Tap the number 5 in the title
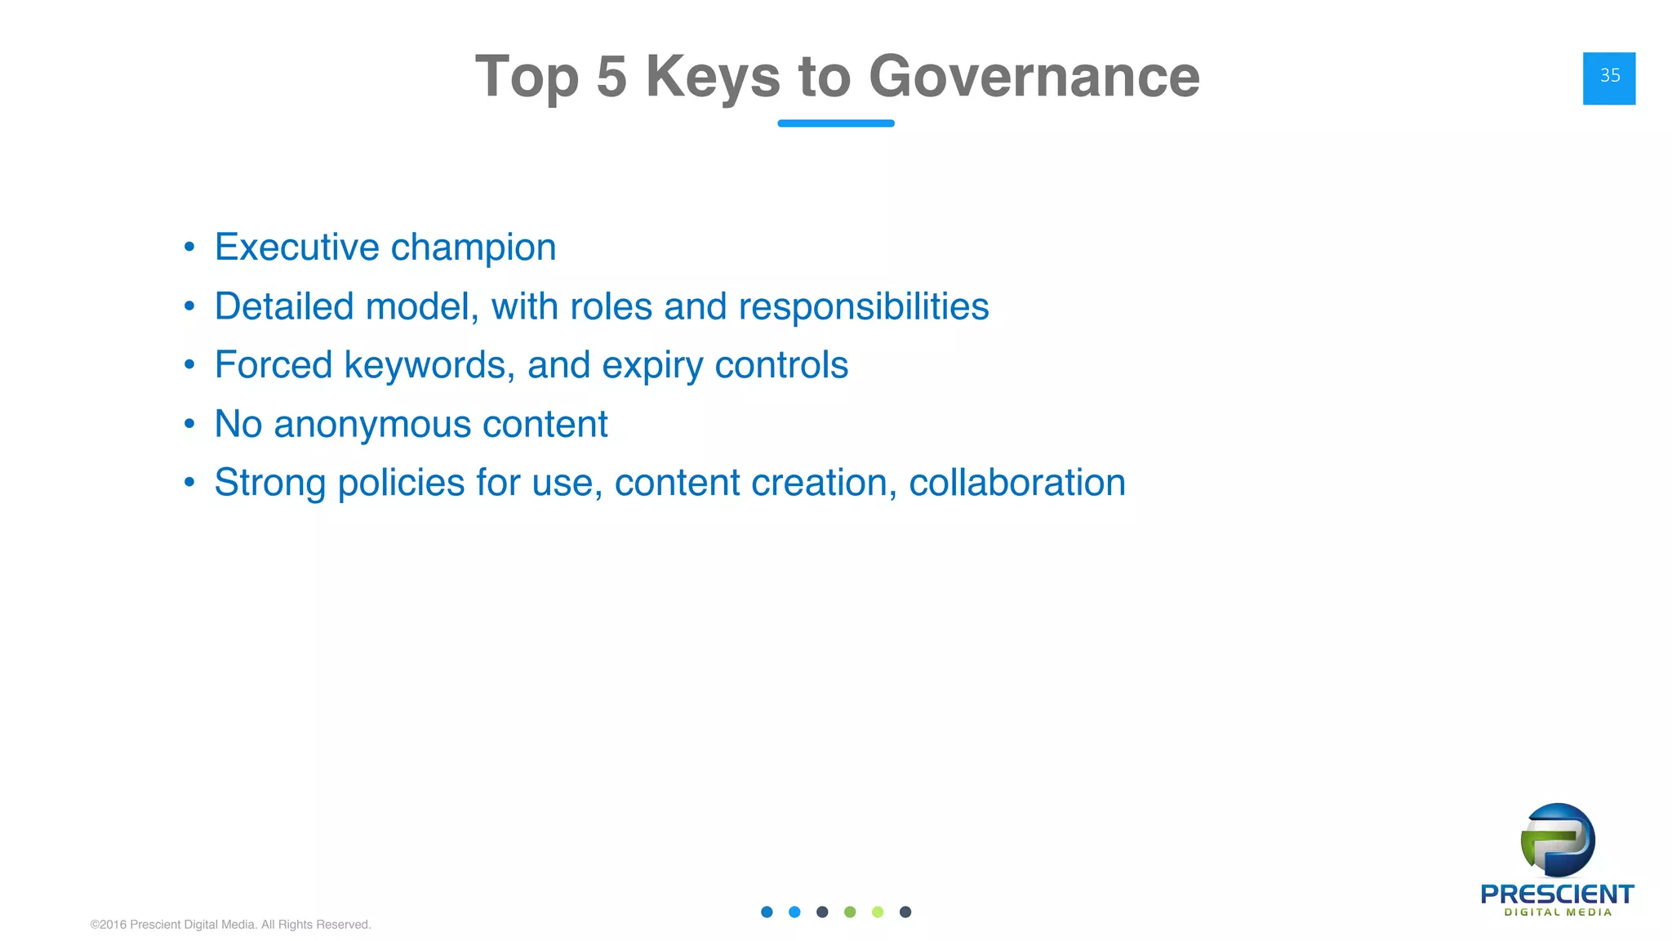point(611,77)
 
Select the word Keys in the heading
point(713,77)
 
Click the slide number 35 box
point(1608,78)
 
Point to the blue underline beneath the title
point(835,123)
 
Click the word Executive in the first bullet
point(296,247)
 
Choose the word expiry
point(651,366)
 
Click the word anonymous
point(372,425)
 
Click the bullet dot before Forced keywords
point(189,365)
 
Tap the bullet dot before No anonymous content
point(189,424)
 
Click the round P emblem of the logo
point(1557,841)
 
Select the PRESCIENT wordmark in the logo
point(1557,894)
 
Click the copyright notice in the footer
point(230,925)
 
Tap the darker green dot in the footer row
point(850,912)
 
